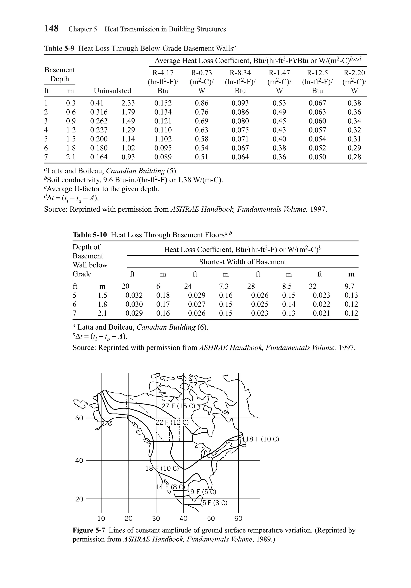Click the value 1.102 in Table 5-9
[163, 139]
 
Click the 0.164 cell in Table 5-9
[99, 157]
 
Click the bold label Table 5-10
[90, 235]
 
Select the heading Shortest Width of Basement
[242, 262]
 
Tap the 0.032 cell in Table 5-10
[134, 295]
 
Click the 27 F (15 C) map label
[178, 406]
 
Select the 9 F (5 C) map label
[203, 492]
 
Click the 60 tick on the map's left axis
[79, 418]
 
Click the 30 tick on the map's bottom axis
[156, 519]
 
